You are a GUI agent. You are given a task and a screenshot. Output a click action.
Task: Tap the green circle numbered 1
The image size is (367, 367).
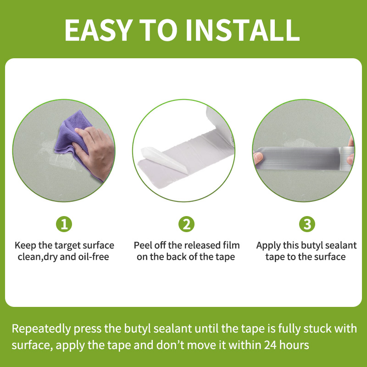coord(64,224)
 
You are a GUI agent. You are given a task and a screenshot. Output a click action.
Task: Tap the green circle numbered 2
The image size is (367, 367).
coord(186,224)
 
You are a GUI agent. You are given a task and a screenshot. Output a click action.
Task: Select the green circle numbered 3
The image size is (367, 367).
coord(307,224)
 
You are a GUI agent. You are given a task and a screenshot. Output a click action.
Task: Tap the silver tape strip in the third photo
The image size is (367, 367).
coord(303,155)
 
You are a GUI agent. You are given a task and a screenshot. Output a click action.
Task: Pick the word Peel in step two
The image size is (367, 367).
coord(142,245)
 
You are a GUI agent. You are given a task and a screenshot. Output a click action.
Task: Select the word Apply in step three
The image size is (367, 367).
coord(268,245)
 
